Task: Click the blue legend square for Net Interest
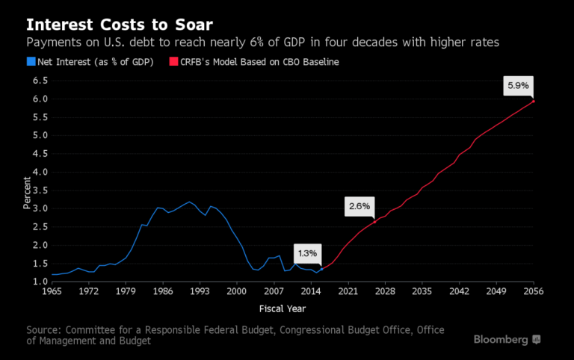point(31,62)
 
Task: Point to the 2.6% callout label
point(358,206)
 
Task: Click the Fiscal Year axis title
point(283,308)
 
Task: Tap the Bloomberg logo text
point(500,339)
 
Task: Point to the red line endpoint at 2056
point(533,101)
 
